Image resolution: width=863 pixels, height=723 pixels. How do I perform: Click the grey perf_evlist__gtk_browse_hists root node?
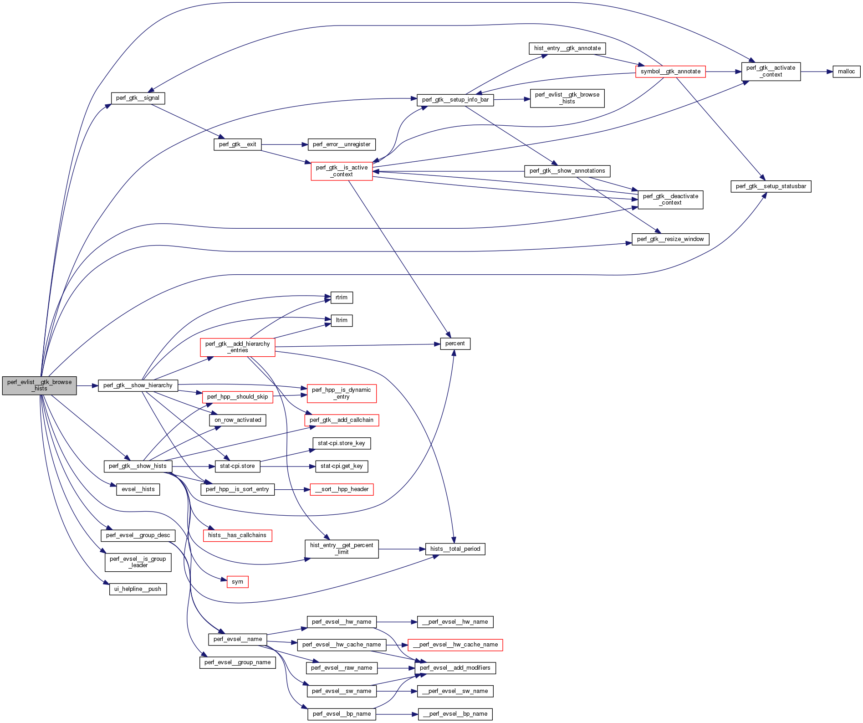[x=39, y=385]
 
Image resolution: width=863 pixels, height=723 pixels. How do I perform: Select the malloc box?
[x=846, y=72]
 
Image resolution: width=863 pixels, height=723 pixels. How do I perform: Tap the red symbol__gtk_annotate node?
[x=670, y=72]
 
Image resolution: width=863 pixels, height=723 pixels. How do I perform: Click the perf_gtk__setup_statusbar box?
[x=771, y=186]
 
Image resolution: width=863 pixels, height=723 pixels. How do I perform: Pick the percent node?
[x=455, y=344]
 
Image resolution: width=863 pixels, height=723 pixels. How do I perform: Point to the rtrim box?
[x=342, y=297]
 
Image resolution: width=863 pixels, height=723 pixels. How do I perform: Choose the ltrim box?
[x=342, y=320]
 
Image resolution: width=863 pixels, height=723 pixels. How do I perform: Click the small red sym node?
[x=237, y=582]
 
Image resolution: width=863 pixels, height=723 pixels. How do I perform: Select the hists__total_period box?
[x=455, y=549]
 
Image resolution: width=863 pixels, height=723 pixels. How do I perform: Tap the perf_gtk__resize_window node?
[x=670, y=239]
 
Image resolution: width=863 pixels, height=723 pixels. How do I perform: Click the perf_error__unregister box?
[x=342, y=144]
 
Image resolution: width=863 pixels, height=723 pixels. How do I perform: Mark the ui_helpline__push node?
[x=138, y=589]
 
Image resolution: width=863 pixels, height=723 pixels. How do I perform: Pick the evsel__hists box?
[x=138, y=489]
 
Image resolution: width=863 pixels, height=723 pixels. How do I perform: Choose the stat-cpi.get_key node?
[x=342, y=466]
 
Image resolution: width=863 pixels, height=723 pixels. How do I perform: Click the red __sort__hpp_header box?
[x=342, y=489]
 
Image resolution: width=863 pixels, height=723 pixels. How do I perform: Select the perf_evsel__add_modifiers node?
[x=455, y=668]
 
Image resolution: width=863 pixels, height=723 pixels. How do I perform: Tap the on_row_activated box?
[x=238, y=420]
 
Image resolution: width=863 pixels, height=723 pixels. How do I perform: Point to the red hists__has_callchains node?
[x=237, y=535]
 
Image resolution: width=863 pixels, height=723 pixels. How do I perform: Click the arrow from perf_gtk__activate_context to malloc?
[x=817, y=72]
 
